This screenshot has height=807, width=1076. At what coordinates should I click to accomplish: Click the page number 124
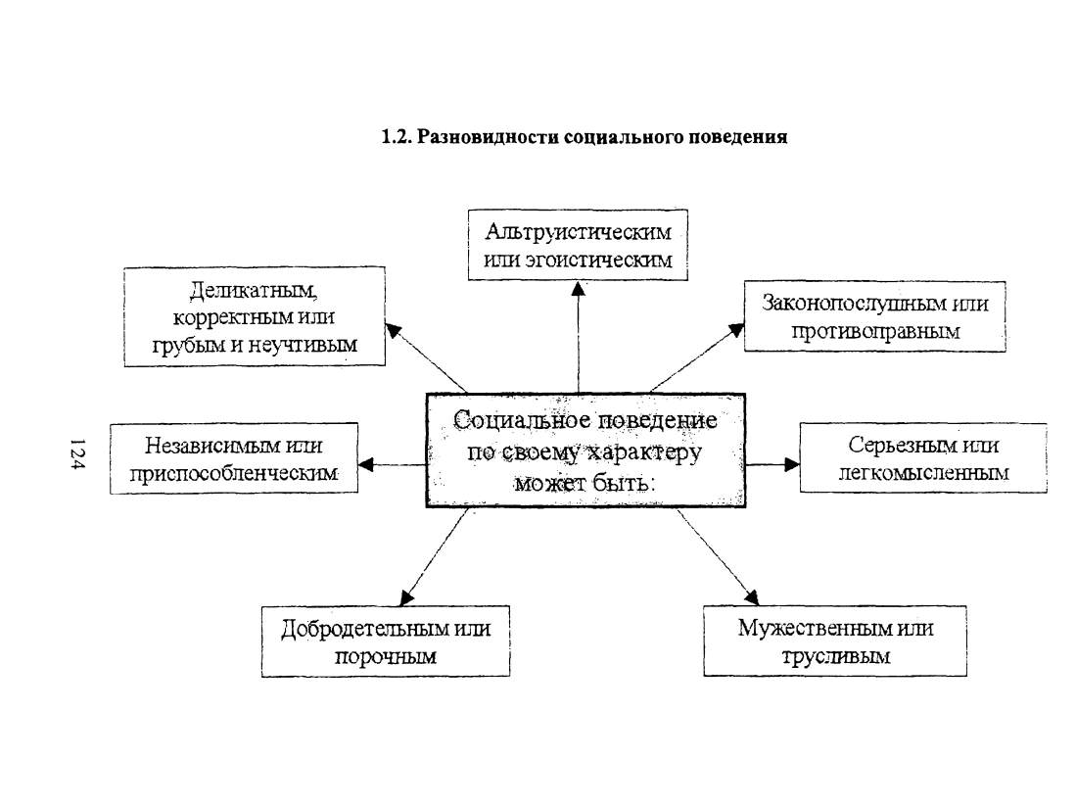[76, 454]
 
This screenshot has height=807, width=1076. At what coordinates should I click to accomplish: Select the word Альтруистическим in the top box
[578, 232]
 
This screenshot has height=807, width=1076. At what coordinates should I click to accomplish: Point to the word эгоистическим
[598, 261]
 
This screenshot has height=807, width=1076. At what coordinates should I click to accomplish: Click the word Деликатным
[254, 291]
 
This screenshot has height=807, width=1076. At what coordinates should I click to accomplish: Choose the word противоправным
[875, 331]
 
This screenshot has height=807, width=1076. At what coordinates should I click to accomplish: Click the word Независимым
[206, 446]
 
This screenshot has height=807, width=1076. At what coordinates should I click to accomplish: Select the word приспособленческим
[234, 474]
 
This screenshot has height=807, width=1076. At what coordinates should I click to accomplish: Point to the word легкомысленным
[923, 473]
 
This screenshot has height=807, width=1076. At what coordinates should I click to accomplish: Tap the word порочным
[386, 657]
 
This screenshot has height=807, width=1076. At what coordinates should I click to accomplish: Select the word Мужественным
[812, 628]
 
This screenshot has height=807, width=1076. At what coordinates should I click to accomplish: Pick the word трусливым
[836, 657]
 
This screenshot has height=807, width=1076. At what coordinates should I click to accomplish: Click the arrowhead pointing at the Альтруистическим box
[579, 289]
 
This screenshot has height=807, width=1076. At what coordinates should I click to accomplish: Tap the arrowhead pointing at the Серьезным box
[792, 464]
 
